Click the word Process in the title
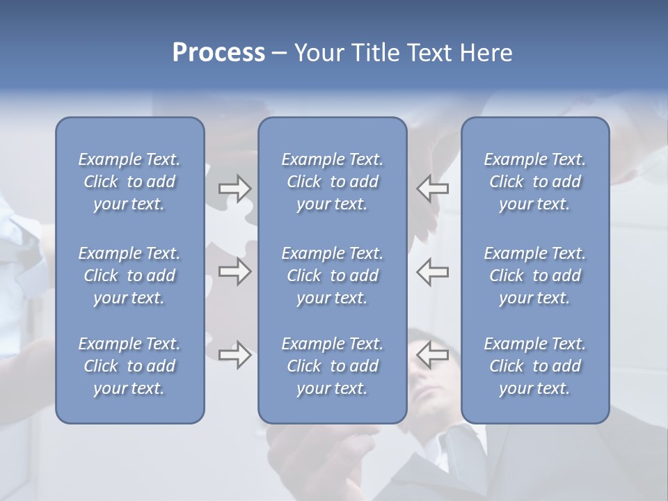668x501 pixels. click(x=218, y=53)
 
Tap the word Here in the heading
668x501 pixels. click(x=485, y=53)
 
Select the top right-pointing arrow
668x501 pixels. click(x=235, y=189)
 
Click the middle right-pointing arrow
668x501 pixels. click(x=235, y=271)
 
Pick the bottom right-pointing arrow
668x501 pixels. click(x=235, y=355)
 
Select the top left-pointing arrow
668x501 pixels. click(x=433, y=189)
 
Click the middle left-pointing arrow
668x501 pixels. click(x=433, y=271)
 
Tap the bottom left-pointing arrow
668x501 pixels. click(x=433, y=355)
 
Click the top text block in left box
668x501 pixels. click(x=129, y=182)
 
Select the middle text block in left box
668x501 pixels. click(x=129, y=276)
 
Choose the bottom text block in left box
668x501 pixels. click(x=129, y=366)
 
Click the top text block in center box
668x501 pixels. click(x=332, y=182)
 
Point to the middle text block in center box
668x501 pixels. click(x=332, y=276)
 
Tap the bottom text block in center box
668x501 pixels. click(x=332, y=366)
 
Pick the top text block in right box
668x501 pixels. click(x=534, y=182)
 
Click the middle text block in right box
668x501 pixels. click(x=534, y=276)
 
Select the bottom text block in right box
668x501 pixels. click(x=534, y=366)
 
